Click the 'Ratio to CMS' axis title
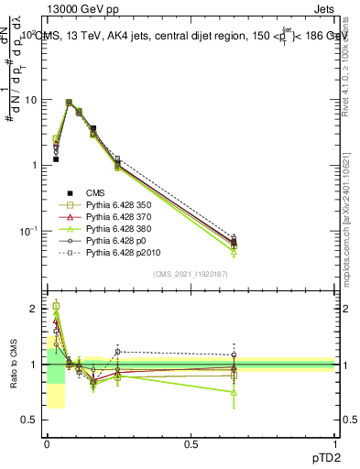click(x=13, y=365)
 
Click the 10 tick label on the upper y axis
click(x=31, y=100)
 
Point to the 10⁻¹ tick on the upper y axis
click(x=28, y=231)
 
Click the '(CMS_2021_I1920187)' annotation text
click(x=191, y=273)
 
